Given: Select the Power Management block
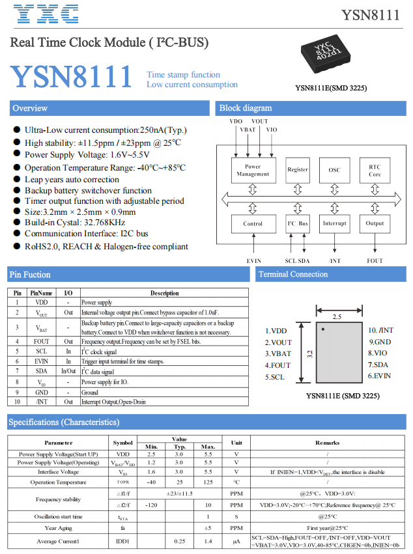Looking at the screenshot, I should click(x=253, y=170).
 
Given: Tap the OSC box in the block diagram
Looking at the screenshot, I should click(x=334, y=170).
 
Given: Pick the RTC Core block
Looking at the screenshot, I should click(x=375, y=170).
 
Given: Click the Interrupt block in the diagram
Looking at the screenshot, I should click(x=334, y=224).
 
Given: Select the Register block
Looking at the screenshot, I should click(x=298, y=170).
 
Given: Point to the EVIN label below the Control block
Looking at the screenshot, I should click(x=253, y=260).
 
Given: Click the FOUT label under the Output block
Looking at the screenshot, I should click(x=375, y=260).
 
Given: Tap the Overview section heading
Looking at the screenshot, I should click(x=30, y=108).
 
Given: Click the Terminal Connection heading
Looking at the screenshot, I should click(x=292, y=274).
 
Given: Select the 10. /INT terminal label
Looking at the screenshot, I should click(x=380, y=330).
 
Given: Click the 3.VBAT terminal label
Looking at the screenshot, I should click(x=278, y=353).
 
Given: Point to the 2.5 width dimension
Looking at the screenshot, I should click(x=337, y=317).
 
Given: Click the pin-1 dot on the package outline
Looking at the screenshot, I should click(x=323, y=330).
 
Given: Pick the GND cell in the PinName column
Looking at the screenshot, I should click(x=41, y=393).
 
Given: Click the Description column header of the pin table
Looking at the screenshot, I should click(x=164, y=293).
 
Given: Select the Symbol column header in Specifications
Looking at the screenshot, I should click(x=122, y=443).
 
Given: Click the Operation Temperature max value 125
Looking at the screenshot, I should click(x=208, y=482).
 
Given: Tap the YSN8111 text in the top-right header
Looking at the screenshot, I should click(x=371, y=15).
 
